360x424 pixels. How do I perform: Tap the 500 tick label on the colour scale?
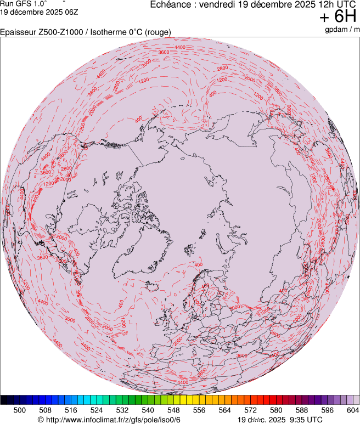click(x=20, y=410)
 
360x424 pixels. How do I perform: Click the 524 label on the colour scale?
click(x=97, y=410)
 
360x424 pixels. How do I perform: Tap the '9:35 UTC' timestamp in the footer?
click(x=302, y=419)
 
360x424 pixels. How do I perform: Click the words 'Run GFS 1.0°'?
click(x=24, y=4)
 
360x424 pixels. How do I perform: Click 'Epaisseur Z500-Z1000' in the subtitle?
click(x=38, y=32)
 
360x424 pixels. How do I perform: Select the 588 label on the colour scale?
click(x=301, y=410)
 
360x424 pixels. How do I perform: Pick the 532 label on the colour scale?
click(x=122, y=410)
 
